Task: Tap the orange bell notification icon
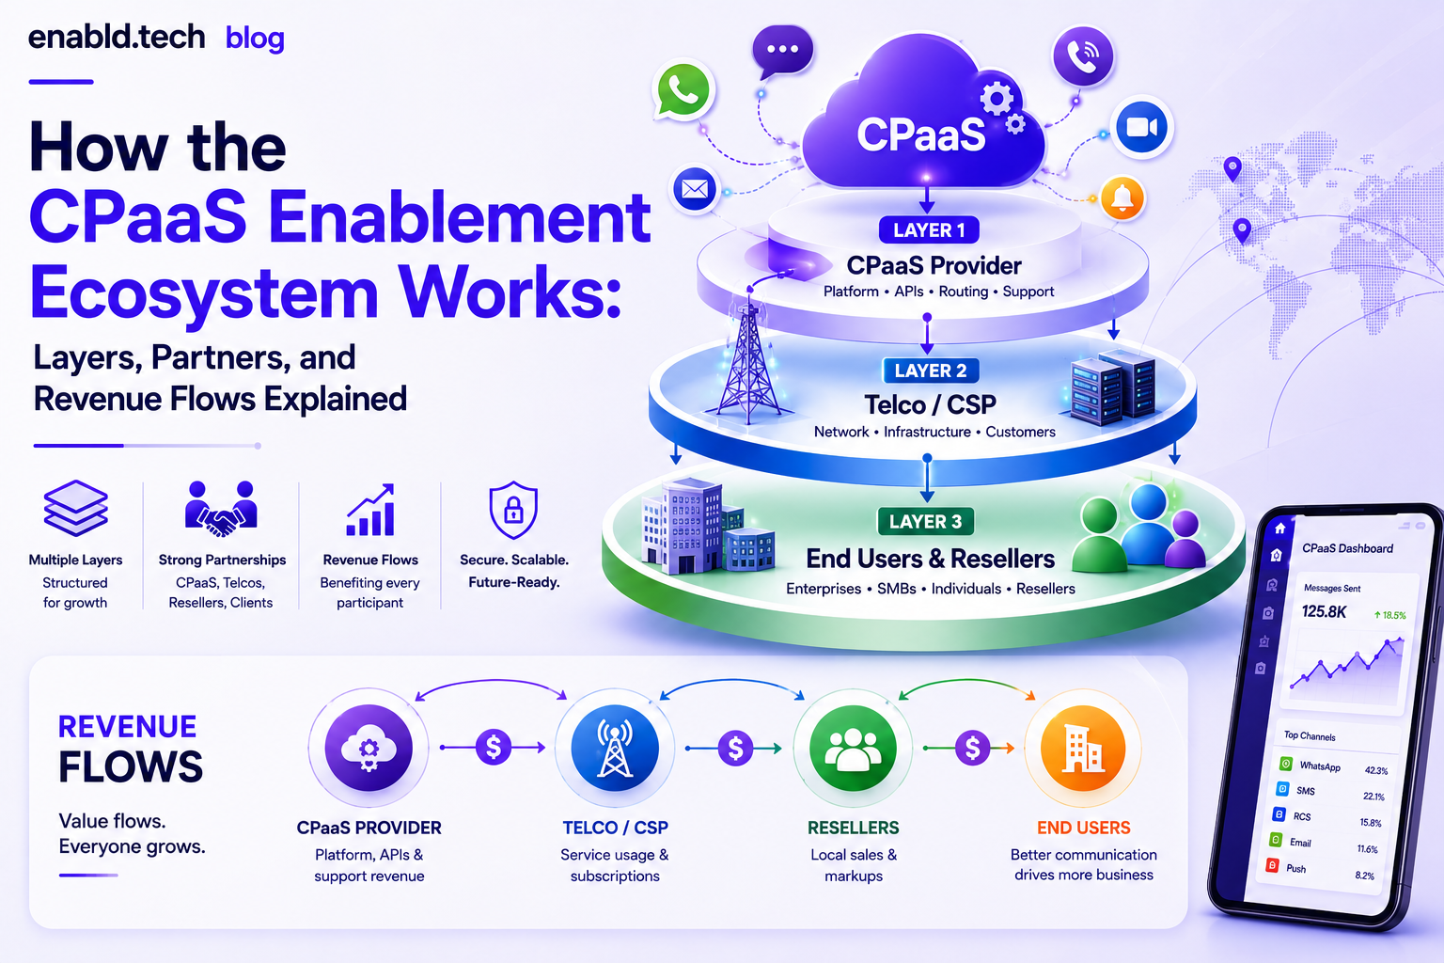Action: tap(1122, 198)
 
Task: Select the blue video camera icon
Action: tap(1141, 128)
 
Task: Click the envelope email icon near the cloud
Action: tap(695, 190)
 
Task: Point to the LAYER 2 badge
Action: tap(930, 371)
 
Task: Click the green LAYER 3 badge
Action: tap(926, 521)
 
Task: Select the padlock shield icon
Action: tap(513, 510)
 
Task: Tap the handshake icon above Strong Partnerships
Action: tap(221, 508)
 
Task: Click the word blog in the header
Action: tap(255, 39)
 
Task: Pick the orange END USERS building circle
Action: tap(1083, 749)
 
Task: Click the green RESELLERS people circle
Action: tap(853, 749)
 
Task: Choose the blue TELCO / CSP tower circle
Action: tap(615, 749)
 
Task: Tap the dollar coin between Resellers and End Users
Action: tap(972, 749)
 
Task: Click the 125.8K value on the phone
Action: tap(1324, 611)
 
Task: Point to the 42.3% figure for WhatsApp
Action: tap(1376, 770)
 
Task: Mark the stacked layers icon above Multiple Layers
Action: tap(75, 508)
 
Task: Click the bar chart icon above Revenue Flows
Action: tap(370, 510)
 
